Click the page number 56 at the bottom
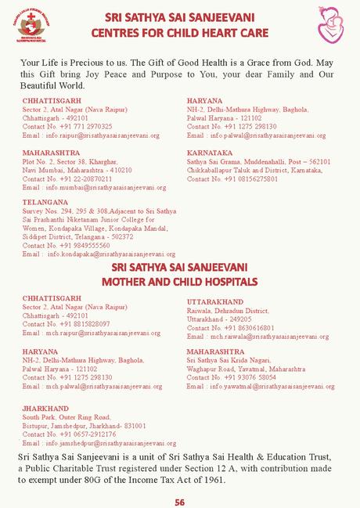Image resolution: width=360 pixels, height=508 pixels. coord(180,502)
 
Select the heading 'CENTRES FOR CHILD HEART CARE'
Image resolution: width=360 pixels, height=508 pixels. coord(179,33)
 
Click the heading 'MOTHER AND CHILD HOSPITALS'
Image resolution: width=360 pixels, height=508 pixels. coord(179,280)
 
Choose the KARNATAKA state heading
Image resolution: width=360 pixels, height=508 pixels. coord(210,153)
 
